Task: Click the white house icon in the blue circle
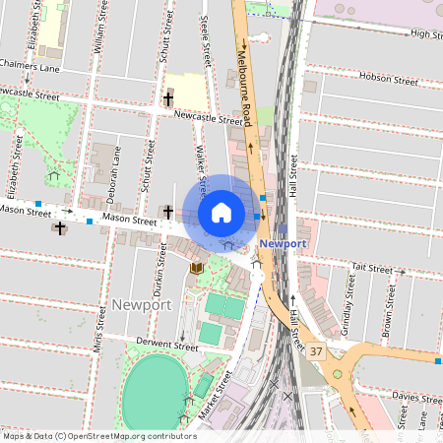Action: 221,212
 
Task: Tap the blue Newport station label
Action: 284,242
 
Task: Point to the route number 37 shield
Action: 315,351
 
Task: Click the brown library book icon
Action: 198,267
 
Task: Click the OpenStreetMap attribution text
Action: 99,435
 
